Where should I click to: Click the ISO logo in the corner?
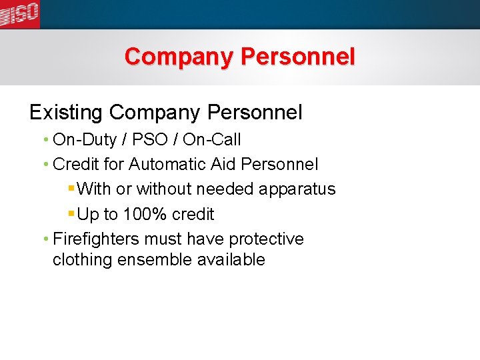(19, 14)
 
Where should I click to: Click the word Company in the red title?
(179, 57)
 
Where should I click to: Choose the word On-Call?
(211, 140)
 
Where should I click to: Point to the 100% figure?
(144, 215)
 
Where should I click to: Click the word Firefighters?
(96, 239)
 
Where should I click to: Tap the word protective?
(266, 239)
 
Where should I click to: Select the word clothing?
(82, 260)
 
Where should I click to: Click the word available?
(231, 260)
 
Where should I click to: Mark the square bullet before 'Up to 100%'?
(71, 214)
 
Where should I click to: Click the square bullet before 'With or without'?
(71, 189)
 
